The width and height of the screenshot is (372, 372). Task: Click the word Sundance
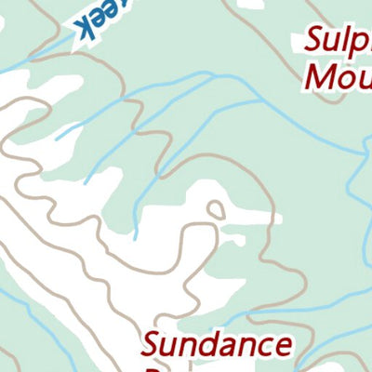(x=217, y=345)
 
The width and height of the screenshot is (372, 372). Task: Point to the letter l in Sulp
(x=349, y=40)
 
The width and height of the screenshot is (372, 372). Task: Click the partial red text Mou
(x=339, y=75)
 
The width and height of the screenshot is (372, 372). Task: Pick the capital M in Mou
(x=319, y=74)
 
